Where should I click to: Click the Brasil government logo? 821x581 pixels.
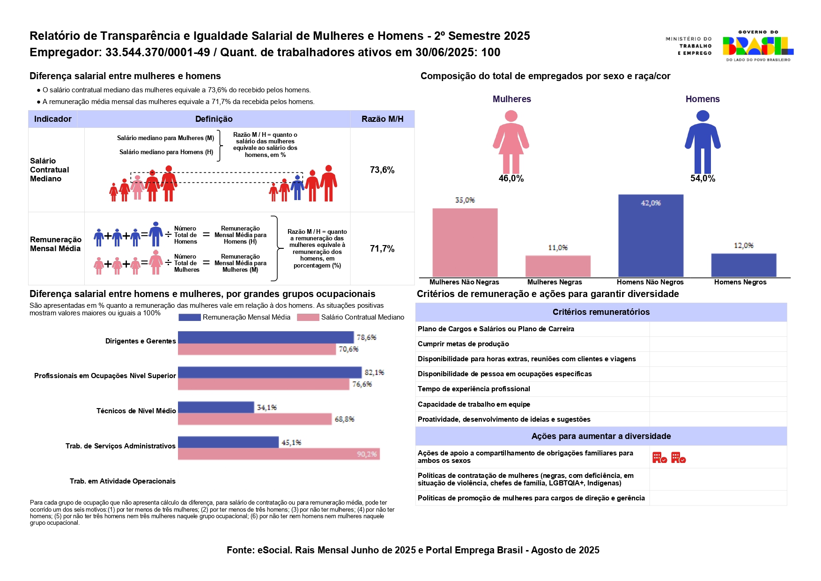point(757,46)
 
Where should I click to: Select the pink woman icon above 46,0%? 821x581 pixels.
point(511,142)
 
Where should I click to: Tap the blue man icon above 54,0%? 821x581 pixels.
point(703,142)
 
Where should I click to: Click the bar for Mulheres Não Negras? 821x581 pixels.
point(465,242)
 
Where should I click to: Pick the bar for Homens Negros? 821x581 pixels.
point(743,265)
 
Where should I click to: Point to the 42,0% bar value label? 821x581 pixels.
point(651,203)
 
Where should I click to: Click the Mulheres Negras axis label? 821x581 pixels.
point(555,282)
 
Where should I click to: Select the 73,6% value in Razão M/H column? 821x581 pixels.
point(382,170)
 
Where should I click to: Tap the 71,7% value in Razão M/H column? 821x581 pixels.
point(382,248)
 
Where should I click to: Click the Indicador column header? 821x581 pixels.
point(53,119)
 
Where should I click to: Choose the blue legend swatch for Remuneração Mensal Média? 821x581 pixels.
point(190,317)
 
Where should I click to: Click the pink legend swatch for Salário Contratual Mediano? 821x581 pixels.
point(308,317)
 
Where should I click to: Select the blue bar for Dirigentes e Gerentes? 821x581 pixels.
point(266,337)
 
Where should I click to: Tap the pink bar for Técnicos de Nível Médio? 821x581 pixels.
point(254,419)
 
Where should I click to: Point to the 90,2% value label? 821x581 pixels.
point(367,454)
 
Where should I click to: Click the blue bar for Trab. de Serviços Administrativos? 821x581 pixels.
point(228,442)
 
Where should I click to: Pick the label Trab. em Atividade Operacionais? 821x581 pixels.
point(122,481)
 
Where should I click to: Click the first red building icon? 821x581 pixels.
point(659,458)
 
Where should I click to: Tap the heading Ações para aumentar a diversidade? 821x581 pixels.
point(601,436)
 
